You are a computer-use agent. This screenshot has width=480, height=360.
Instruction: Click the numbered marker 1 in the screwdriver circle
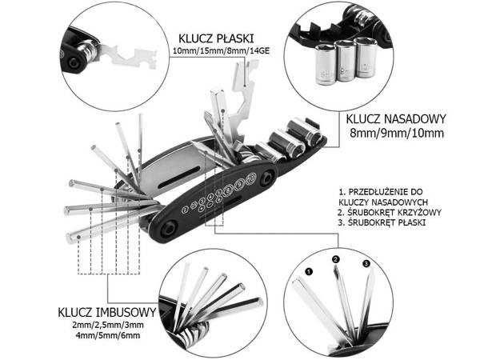point(306,270)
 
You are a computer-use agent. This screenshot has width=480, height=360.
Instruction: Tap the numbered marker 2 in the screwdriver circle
point(335,258)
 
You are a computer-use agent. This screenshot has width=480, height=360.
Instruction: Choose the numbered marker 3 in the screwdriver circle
point(366,264)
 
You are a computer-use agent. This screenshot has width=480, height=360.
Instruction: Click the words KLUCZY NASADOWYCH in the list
point(381,202)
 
